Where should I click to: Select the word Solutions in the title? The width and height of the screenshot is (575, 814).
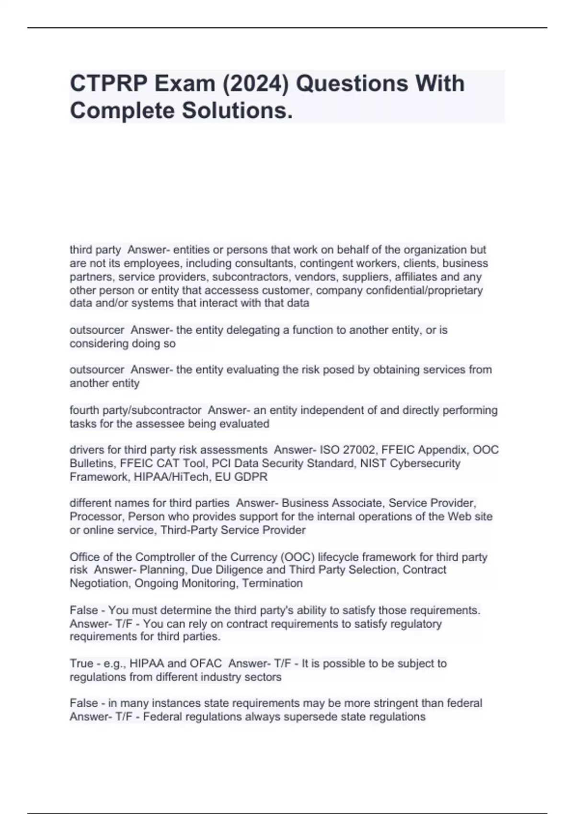tap(234, 111)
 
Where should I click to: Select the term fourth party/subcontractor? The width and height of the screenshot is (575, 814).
tap(136, 410)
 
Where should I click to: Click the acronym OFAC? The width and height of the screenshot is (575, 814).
tap(206, 664)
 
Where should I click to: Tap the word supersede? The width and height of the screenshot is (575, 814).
tap(306, 717)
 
